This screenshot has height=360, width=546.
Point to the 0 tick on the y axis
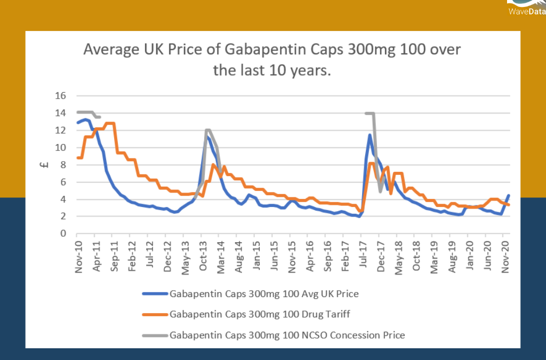coord(62,234)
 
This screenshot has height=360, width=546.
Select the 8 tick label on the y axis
coord(62,165)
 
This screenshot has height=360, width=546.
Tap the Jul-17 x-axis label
coord(363,258)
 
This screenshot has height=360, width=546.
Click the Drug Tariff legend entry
coord(259,314)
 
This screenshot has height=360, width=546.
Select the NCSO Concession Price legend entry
coord(287,335)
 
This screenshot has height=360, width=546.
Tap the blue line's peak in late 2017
coord(370,135)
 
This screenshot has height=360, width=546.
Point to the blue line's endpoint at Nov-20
coord(509,195)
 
